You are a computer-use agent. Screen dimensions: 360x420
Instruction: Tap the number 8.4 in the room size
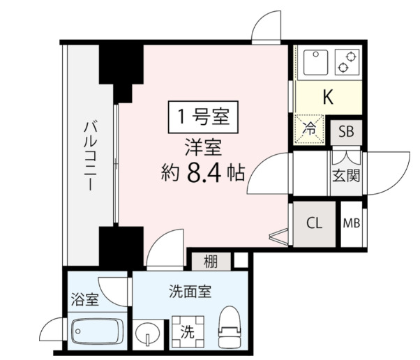coord(204,172)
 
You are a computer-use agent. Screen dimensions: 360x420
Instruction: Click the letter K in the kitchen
coord(327,97)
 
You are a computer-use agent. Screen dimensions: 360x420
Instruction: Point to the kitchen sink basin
coord(313,62)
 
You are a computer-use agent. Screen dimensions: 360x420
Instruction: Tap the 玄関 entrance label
coord(346,174)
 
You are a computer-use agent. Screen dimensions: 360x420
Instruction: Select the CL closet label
coord(314,223)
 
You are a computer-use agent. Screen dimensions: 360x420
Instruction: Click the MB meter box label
coord(352,223)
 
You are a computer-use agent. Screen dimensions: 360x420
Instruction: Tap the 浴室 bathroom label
coord(84,300)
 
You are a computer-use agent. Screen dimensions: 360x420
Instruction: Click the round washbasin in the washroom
coord(147,333)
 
